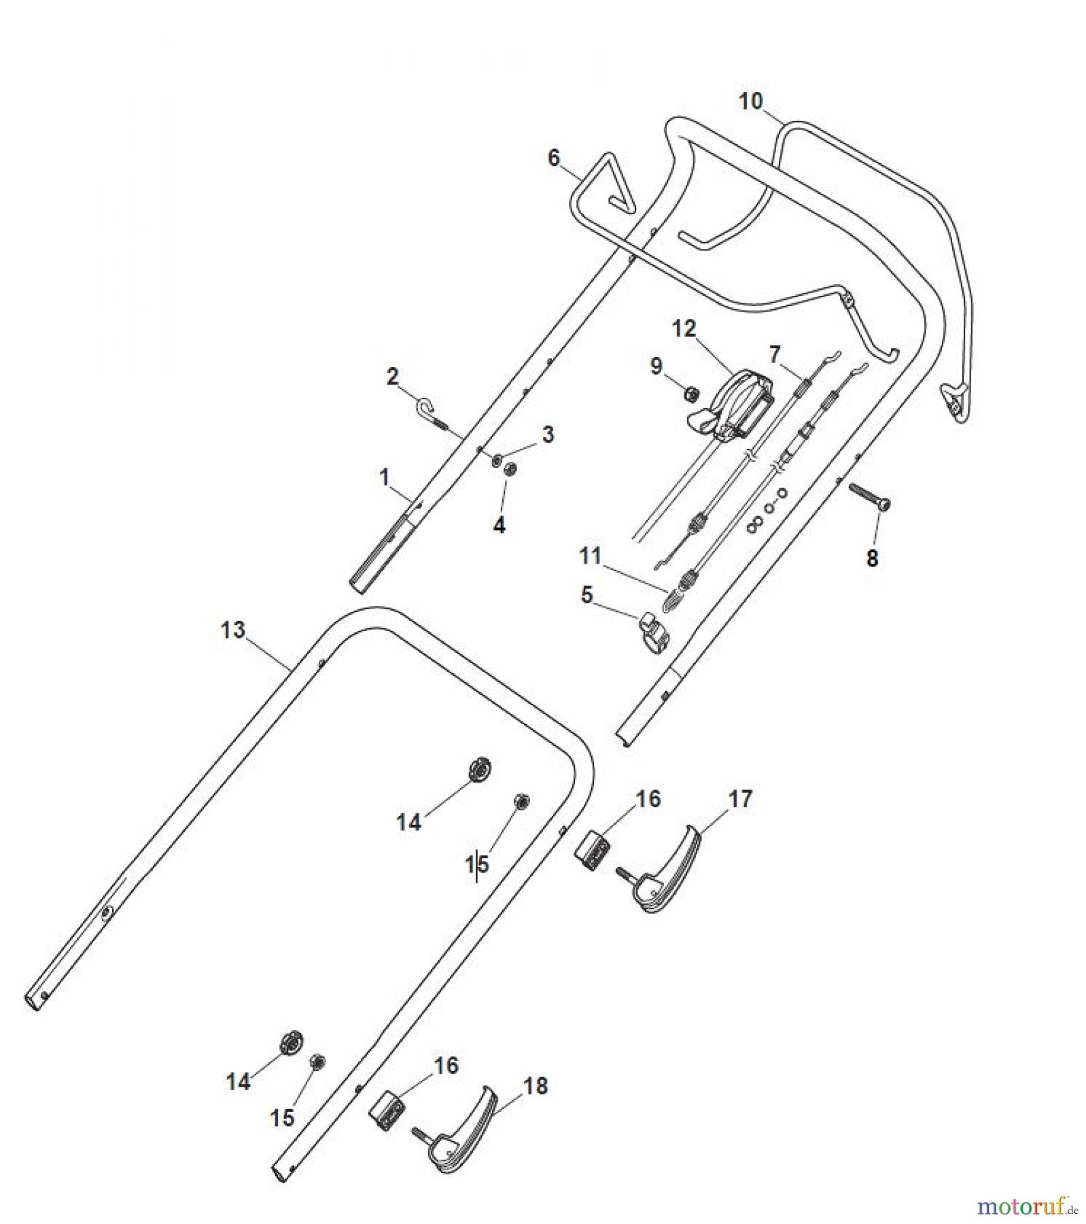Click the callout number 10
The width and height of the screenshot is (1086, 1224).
point(750,101)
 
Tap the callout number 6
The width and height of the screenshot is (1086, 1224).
point(554,158)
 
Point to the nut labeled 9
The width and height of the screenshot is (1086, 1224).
point(692,392)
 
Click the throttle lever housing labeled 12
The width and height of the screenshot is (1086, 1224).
point(737,405)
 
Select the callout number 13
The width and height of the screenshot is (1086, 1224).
point(232,630)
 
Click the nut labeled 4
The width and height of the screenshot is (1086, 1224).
point(511,469)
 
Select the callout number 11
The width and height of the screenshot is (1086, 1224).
point(590,556)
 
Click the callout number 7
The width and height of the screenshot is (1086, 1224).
point(775,354)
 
